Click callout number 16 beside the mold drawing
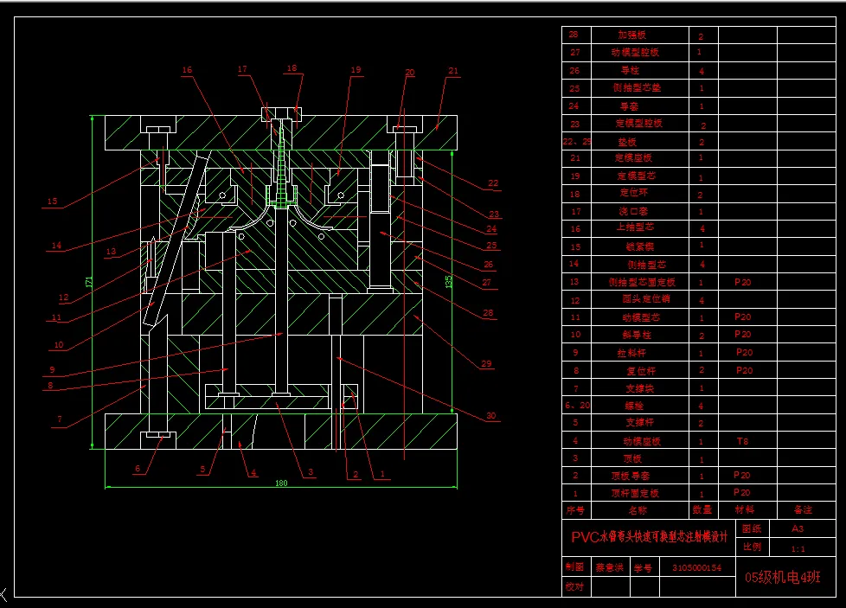[187, 70]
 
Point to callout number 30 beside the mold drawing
[491, 416]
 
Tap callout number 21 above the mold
[452, 71]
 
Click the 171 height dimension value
[89, 282]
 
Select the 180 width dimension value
[281, 483]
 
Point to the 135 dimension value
[448, 281]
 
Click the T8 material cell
[742, 440]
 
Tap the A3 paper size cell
[797, 528]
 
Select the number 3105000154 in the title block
[696, 568]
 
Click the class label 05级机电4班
[782, 578]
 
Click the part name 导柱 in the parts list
[631, 71]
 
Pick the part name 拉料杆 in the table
[637, 353]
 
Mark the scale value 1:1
[798, 548]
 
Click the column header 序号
[575, 510]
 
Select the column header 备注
[803, 510]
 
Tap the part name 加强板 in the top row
[631, 35]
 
